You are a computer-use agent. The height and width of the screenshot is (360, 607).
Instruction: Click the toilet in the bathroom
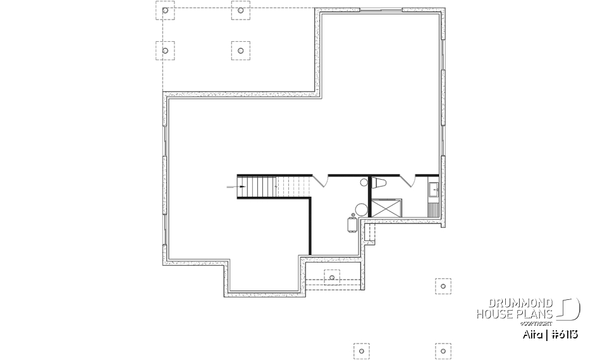(x=381, y=183)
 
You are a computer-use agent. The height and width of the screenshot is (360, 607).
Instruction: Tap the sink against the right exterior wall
(x=434, y=189)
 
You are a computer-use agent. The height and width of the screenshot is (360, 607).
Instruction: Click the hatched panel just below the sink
(x=434, y=207)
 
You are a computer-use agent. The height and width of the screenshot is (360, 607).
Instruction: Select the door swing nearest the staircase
(x=321, y=180)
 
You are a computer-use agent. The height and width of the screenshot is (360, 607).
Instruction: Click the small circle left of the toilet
(x=364, y=183)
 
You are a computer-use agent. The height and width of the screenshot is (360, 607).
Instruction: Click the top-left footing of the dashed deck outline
(x=165, y=11)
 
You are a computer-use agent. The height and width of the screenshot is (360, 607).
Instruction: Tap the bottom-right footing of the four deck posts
(x=240, y=51)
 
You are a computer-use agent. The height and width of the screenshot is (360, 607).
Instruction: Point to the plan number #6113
(x=561, y=332)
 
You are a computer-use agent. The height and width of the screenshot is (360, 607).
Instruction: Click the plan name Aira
(x=529, y=332)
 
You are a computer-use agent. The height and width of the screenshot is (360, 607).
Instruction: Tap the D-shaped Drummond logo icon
(x=570, y=309)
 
